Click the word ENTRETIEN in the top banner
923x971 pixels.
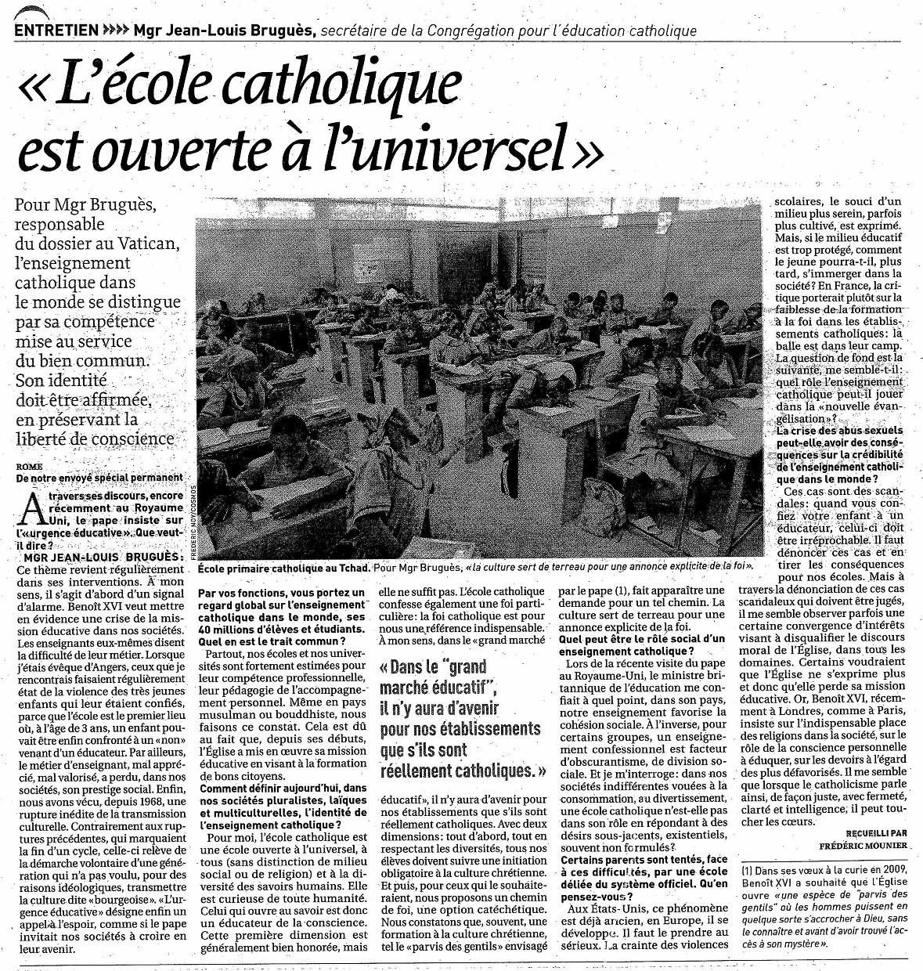click(56, 31)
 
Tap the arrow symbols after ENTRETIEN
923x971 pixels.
click(114, 31)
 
